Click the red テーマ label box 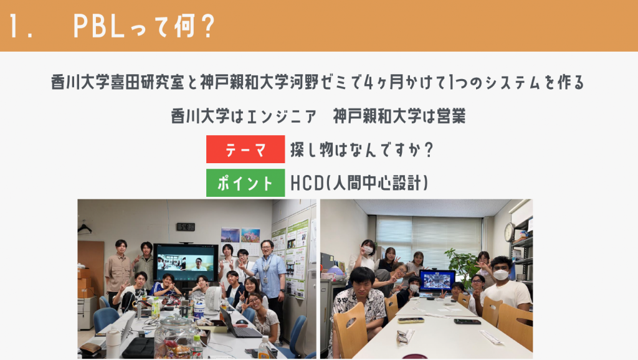245,149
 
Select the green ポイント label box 245,183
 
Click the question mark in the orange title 207,25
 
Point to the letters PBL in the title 98,26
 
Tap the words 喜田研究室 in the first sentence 148,82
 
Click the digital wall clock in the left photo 186,227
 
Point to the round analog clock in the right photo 508,232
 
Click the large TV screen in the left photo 186,262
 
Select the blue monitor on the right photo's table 437,281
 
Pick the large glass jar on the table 175,337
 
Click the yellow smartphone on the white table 411,321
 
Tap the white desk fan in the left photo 213,300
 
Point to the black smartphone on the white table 467,322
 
